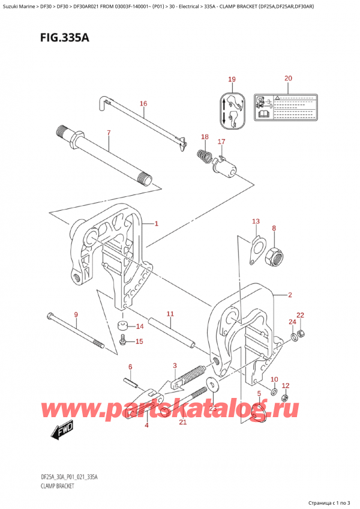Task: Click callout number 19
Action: pos(232,79)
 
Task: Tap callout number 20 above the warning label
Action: pos(287,79)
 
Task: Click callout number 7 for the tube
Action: pos(108,132)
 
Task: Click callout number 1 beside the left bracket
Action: pos(156,224)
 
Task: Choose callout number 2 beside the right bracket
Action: pos(290,295)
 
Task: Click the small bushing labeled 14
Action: pos(124,327)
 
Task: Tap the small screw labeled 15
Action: pos(124,342)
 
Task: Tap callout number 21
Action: pos(183,422)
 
